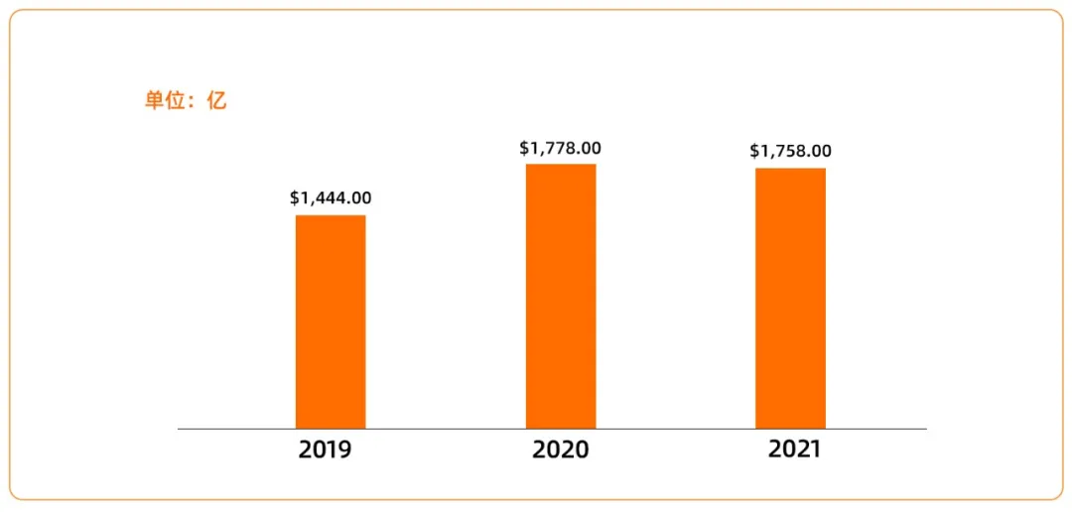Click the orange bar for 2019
tap(331, 321)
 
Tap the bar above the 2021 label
tap(790, 298)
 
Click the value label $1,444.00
tap(331, 198)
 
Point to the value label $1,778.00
tap(560, 148)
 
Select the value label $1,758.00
tap(790, 151)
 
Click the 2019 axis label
tap(326, 449)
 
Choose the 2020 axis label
tap(560, 449)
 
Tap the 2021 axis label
tap(794, 449)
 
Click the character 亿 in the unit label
tap(216, 101)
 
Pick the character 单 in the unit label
tap(155, 101)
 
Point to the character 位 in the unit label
tap(177, 101)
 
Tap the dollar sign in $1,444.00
tap(295, 198)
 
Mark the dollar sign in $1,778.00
tap(524, 148)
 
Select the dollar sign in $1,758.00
tap(754, 151)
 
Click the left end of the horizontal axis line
tap(180, 429)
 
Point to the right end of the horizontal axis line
tap(925, 429)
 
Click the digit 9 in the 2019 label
tap(344, 449)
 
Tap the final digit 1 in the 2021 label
tap(815, 449)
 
